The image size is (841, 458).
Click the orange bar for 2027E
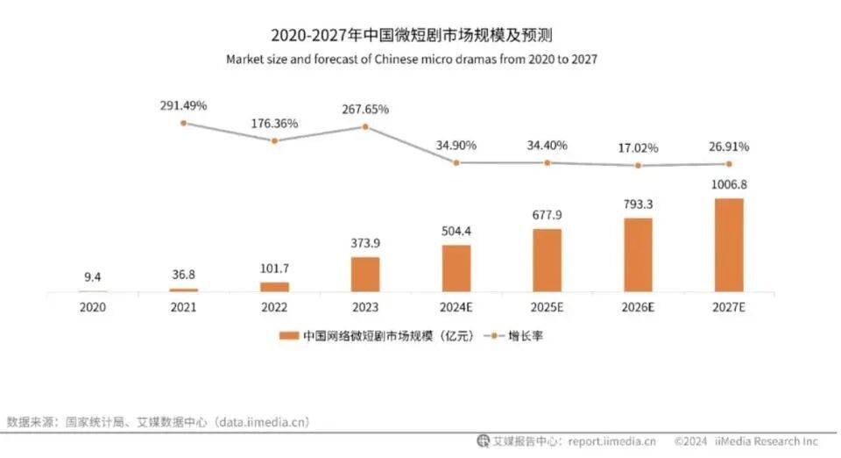coord(729,245)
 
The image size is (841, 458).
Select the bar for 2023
coord(365,274)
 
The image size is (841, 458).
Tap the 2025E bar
coord(548,260)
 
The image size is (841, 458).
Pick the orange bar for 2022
coord(274,286)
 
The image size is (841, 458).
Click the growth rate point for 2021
coord(183,123)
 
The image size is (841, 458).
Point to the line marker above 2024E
coord(456,162)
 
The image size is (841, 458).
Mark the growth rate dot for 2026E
coord(639,165)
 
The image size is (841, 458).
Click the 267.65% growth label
coord(365,109)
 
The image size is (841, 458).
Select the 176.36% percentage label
coord(274,123)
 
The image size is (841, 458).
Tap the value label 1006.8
coord(729,184)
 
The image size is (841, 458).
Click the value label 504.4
coord(456,231)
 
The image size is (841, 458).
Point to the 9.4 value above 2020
coord(92,277)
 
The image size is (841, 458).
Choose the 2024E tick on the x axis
coord(456,308)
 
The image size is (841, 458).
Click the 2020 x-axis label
coord(92,308)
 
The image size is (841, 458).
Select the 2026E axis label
coord(639,308)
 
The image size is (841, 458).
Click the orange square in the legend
coord(286,336)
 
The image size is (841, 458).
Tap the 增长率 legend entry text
coord(527,336)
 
